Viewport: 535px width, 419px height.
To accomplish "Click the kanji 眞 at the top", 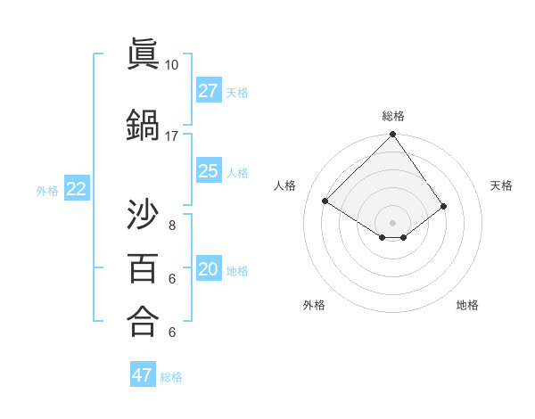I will [x=143, y=55].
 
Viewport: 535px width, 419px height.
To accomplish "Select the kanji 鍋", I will [x=143, y=126].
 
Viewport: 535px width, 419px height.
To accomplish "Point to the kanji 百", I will [x=143, y=267].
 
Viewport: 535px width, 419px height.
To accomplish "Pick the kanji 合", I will [x=143, y=320].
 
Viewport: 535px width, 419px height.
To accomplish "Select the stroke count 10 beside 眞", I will [x=171, y=65].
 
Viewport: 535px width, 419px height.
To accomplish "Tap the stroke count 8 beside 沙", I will [x=171, y=225].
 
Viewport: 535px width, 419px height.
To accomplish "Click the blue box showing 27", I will [x=209, y=91].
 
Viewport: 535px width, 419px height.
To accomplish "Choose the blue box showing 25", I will [x=209, y=171].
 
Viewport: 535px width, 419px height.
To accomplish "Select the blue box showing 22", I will [x=77, y=189].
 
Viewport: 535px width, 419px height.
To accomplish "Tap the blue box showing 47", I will [x=143, y=375].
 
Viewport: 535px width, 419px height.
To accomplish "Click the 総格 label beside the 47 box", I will [x=171, y=377].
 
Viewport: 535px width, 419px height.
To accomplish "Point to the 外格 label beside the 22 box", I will [x=47, y=190].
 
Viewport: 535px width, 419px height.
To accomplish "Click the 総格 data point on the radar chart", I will [x=392, y=136].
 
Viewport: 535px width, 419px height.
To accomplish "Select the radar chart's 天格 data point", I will [x=443, y=206].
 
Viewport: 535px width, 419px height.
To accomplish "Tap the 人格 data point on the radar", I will [x=325, y=201].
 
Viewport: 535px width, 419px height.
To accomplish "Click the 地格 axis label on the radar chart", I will [x=467, y=305].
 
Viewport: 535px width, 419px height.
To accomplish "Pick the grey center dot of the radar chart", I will [x=392, y=221].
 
